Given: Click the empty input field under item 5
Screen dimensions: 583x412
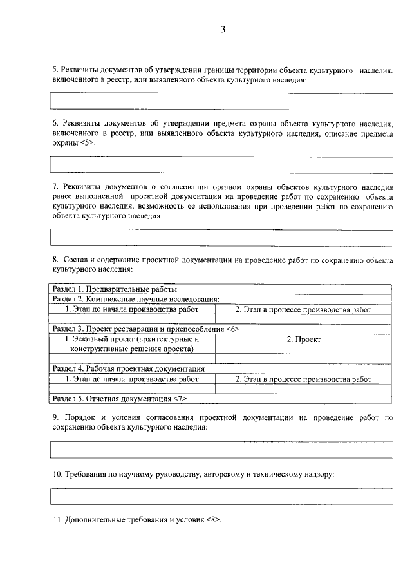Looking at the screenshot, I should click(221, 101).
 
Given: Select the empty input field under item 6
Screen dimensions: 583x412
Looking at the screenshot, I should click(221, 164).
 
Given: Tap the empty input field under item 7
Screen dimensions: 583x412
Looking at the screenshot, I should click(221, 238).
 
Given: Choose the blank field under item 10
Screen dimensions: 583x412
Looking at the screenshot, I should click(221, 497).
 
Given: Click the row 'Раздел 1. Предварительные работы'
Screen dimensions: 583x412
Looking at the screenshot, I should click(221, 289).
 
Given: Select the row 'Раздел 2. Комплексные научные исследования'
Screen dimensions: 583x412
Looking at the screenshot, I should click(221, 299).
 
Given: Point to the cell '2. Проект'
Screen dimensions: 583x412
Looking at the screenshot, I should click(303, 339).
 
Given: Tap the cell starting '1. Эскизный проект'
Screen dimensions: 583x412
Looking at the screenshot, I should click(132, 344).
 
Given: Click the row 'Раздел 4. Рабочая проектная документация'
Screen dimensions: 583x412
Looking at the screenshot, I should click(221, 369).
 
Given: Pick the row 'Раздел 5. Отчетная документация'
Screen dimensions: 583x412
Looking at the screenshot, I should click(221, 399).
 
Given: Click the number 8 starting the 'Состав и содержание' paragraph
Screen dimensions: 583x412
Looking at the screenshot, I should click(55, 259).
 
